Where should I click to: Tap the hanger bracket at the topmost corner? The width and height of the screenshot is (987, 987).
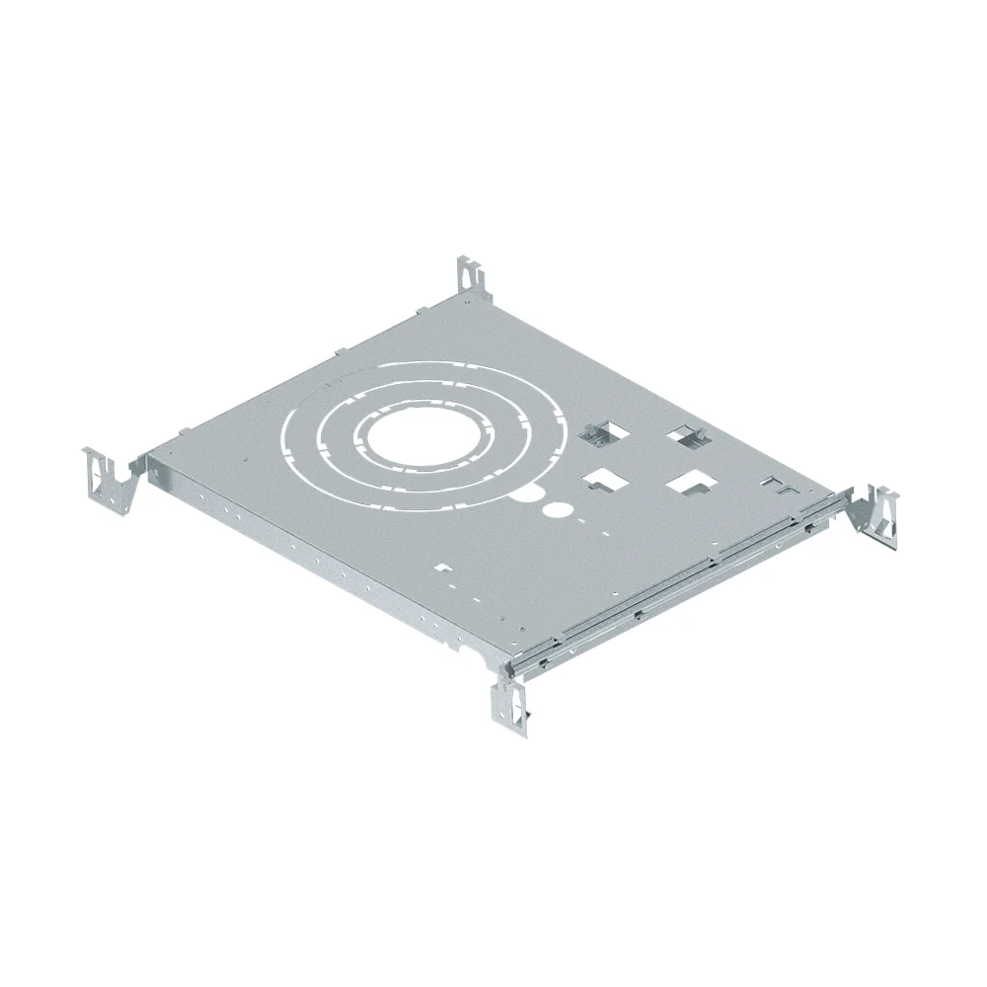click(x=470, y=275)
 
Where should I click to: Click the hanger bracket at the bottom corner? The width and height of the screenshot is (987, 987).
click(x=510, y=702)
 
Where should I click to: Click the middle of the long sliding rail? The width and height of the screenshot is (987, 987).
click(x=681, y=582)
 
